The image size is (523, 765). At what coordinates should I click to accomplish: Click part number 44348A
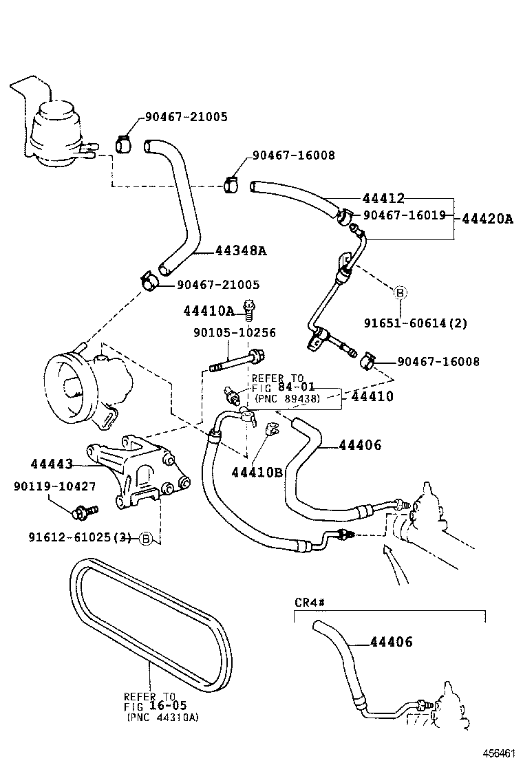241,250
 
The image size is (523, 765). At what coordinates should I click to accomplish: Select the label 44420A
487,219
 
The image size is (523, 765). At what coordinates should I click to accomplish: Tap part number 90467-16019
404,215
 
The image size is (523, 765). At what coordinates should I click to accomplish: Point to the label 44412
383,198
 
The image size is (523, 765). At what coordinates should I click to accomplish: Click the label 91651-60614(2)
416,323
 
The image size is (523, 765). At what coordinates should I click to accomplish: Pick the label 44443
52,464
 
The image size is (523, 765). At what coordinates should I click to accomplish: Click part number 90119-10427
54,486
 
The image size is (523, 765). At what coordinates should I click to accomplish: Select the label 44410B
257,472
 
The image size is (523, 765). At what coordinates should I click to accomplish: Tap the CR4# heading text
309,603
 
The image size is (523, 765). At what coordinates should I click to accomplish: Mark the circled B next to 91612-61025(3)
145,538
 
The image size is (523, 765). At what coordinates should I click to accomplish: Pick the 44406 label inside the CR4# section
391,643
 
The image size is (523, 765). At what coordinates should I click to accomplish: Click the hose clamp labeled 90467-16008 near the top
231,184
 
